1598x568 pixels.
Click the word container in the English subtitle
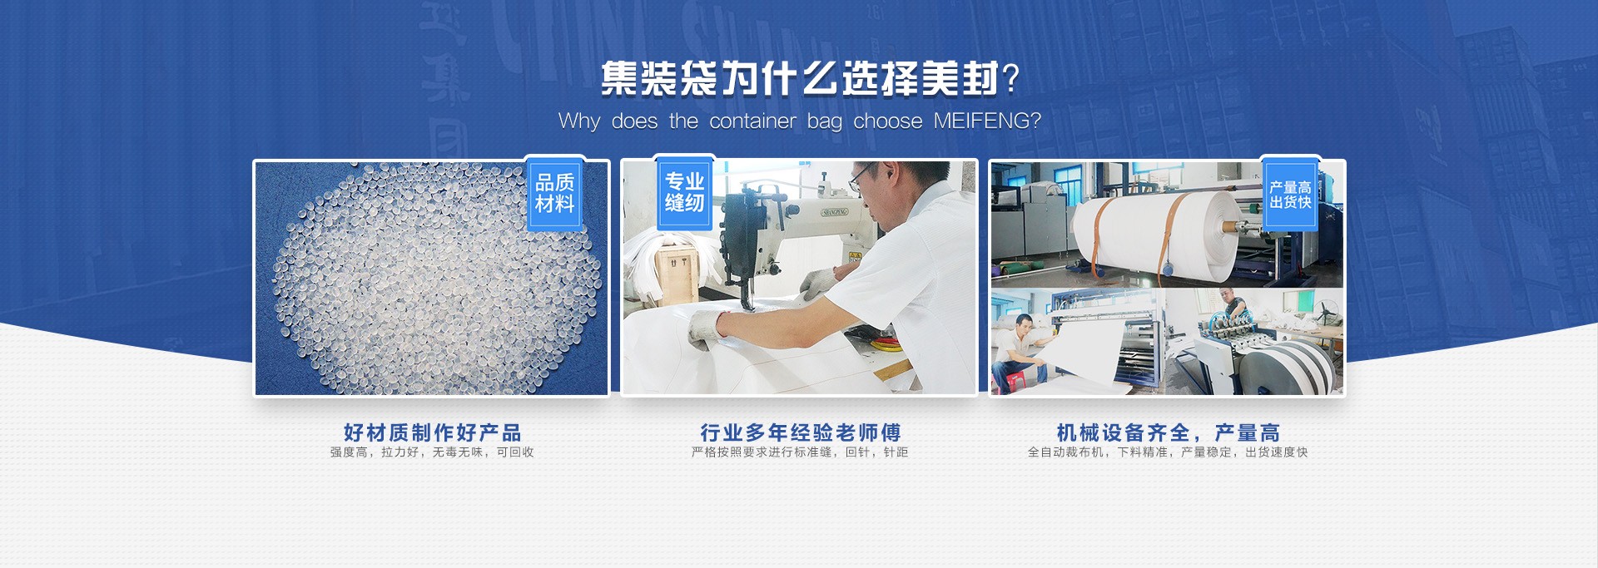752,121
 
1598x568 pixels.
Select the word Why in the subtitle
578,121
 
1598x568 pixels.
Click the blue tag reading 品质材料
554,194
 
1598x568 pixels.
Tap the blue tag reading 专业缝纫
684,192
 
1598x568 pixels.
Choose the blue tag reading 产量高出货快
1290,195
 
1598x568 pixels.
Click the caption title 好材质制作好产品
432,432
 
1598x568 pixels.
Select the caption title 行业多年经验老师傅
800,432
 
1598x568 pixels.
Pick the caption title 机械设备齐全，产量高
1168,432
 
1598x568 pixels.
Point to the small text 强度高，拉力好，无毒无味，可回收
432,452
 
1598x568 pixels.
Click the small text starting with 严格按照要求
800,452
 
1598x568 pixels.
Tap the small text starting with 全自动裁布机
1168,452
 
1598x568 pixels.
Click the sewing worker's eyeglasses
861,177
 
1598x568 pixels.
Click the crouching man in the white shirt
1021,349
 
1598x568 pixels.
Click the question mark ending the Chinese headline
1011,79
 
